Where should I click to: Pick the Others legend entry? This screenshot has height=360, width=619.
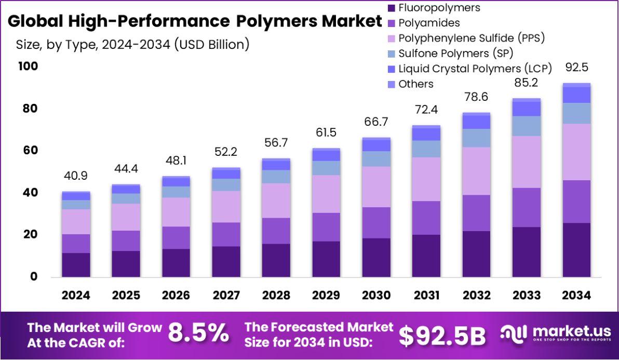coord(415,84)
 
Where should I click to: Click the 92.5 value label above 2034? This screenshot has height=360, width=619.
coord(576,68)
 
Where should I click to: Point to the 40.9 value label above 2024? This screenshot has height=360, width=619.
coord(76,176)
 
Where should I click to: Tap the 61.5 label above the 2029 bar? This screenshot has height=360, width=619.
coord(326,132)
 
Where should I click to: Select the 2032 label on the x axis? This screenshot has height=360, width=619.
coord(477,295)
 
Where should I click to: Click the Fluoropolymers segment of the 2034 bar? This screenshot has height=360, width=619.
coord(576,249)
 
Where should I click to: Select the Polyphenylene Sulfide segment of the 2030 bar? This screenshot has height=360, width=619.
coord(376,186)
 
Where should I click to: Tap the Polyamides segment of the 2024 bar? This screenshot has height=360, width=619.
coord(76,243)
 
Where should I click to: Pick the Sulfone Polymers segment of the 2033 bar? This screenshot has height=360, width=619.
coord(527,126)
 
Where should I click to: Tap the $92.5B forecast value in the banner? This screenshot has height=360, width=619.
coord(442,336)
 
